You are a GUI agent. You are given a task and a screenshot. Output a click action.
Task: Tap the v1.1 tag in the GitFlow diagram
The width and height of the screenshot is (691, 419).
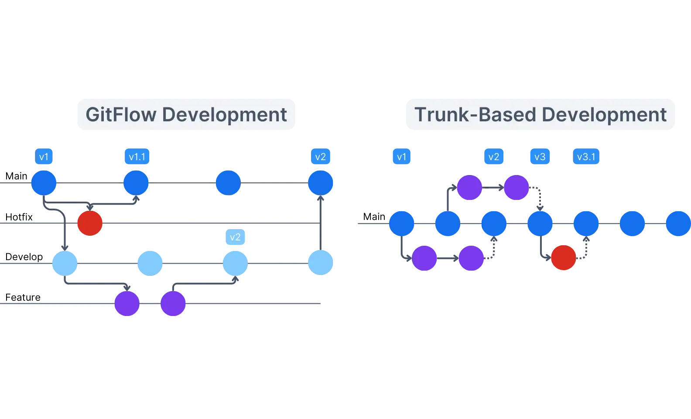point(137,157)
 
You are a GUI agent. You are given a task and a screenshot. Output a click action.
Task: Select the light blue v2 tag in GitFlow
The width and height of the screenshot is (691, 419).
point(235,237)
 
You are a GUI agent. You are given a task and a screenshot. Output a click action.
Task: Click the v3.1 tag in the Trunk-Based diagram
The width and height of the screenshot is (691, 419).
point(586,157)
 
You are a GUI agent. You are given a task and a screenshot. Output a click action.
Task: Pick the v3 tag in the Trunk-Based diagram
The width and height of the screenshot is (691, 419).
point(540,157)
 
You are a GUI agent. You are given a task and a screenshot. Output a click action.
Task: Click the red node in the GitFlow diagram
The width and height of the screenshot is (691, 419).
point(90,223)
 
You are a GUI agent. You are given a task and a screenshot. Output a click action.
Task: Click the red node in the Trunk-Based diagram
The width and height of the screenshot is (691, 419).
point(563,258)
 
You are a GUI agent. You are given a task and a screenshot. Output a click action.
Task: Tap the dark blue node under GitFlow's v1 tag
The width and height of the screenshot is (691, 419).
point(44,183)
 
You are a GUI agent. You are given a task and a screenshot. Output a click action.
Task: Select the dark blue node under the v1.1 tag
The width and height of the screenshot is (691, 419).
point(136,183)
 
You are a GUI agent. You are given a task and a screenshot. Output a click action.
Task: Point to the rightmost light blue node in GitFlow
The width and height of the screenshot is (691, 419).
point(321,262)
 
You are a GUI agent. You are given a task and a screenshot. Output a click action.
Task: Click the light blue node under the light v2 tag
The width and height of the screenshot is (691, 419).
point(235,263)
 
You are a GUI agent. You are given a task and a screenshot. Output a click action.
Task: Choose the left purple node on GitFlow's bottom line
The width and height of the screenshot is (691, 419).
point(127,303)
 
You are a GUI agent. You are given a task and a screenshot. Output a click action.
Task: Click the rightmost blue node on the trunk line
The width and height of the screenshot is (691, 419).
point(678,223)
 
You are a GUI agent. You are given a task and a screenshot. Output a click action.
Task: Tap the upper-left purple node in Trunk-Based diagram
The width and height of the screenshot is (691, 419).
point(469,188)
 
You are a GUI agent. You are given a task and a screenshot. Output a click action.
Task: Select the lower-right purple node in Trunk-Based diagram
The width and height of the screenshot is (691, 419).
point(471,258)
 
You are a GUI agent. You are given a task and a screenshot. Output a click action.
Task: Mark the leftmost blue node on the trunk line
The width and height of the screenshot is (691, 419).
point(401,223)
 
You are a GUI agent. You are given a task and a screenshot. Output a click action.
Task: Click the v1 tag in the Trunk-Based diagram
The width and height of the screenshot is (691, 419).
point(401,157)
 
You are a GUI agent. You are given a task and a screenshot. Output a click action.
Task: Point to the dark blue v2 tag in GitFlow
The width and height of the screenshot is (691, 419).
point(320,157)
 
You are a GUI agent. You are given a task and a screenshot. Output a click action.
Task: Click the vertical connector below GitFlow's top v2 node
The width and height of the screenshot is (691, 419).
point(321,223)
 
